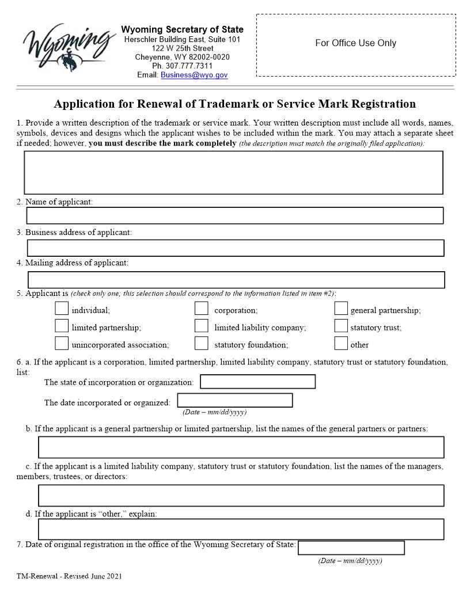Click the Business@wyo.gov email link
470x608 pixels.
click(x=194, y=75)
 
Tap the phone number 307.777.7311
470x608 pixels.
click(x=182, y=66)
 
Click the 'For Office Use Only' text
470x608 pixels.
click(x=355, y=43)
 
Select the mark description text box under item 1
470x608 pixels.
click(x=233, y=172)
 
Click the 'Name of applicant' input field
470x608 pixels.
click(x=235, y=215)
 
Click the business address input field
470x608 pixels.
click(x=236, y=248)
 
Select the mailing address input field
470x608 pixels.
click(x=236, y=280)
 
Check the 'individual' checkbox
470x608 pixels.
click(x=62, y=309)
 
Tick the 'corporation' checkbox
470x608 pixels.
click(x=201, y=309)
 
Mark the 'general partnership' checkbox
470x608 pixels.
click(x=341, y=309)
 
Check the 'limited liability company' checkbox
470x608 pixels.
click(x=201, y=326)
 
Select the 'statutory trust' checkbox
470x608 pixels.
click(x=341, y=326)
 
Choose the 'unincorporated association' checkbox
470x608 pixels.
click(x=62, y=343)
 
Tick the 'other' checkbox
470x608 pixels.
click(x=341, y=343)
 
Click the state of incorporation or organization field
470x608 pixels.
click(x=257, y=382)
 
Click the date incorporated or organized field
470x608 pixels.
click(x=235, y=400)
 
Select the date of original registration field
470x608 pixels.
click(x=351, y=548)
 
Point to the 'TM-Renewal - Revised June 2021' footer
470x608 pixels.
click(x=69, y=576)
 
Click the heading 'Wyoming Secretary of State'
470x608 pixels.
click(x=182, y=29)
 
